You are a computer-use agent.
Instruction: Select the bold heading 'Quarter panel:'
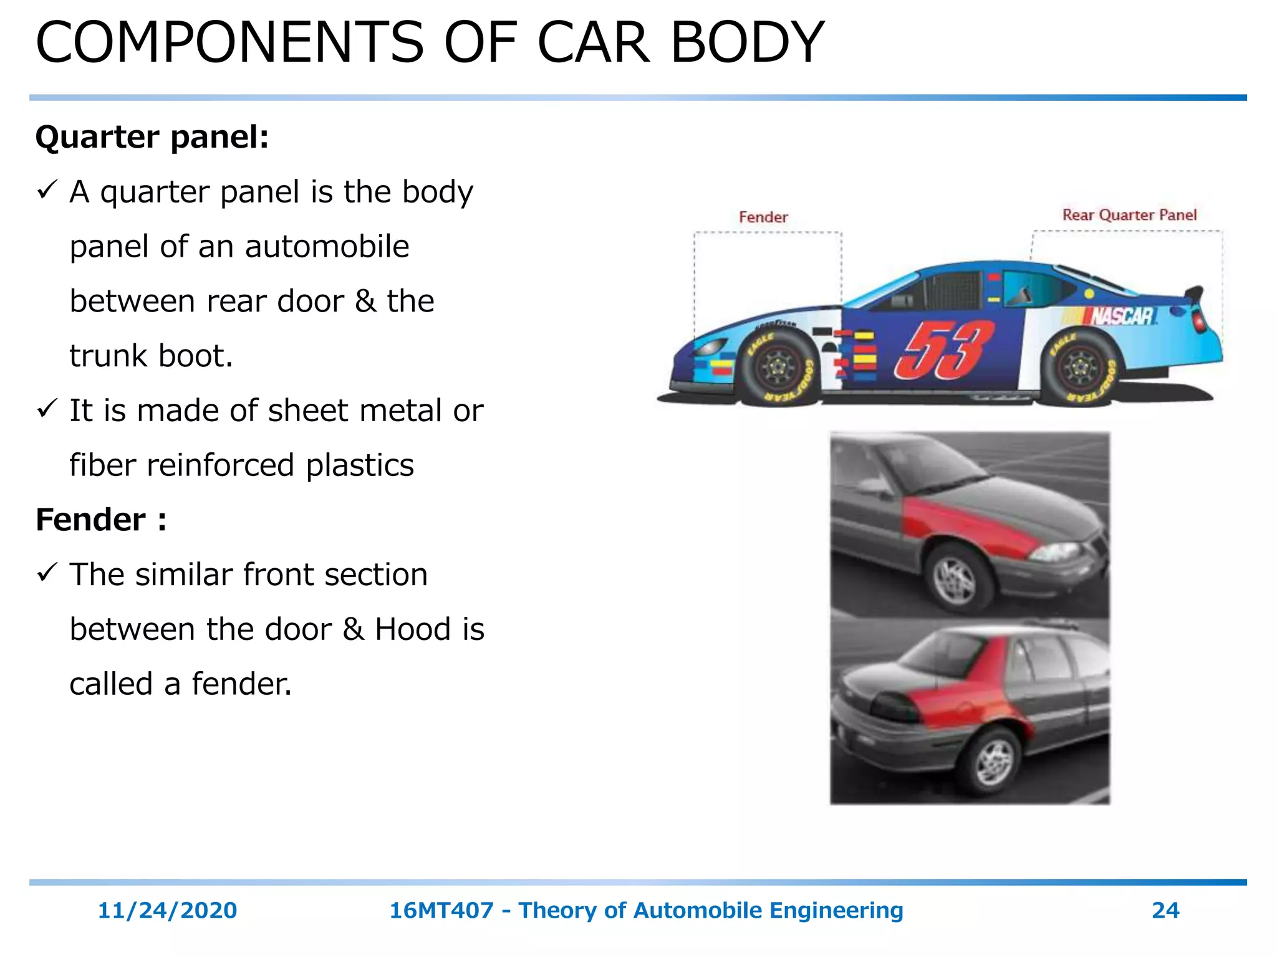click(x=152, y=136)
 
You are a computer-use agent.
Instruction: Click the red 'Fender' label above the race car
click(x=763, y=217)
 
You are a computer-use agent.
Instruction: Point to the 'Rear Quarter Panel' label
click(x=1129, y=215)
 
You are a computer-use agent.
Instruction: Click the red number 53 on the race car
click(x=943, y=350)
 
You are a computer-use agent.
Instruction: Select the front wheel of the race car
click(x=779, y=368)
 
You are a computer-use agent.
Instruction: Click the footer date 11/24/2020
click(x=167, y=910)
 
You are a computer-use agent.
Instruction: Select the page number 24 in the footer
click(x=1165, y=910)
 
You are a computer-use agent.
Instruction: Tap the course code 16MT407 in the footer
click(x=441, y=910)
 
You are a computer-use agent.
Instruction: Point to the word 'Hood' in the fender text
click(x=413, y=629)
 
